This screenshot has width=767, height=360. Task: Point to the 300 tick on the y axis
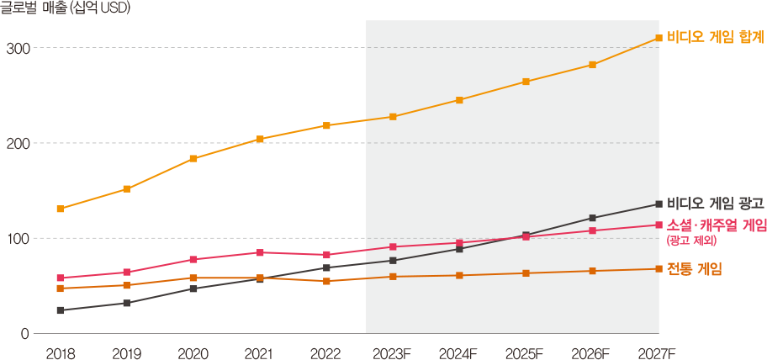click(17, 48)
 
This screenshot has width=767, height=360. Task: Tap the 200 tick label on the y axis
click(17, 143)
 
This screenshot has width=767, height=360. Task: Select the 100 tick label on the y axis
click(17, 239)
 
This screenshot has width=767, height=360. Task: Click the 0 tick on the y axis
click(24, 334)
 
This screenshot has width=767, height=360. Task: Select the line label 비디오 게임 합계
click(714, 38)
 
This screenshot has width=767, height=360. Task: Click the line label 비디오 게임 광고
click(714, 203)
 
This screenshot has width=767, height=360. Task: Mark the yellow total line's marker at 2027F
click(659, 38)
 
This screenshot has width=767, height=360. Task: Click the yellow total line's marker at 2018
click(61, 209)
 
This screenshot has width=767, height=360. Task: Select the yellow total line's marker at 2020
click(193, 158)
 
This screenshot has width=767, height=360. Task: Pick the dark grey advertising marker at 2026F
click(592, 218)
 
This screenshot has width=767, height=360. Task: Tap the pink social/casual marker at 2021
click(260, 252)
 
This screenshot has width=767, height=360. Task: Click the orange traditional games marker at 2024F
click(459, 275)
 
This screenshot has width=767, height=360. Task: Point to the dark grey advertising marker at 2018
click(61, 310)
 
